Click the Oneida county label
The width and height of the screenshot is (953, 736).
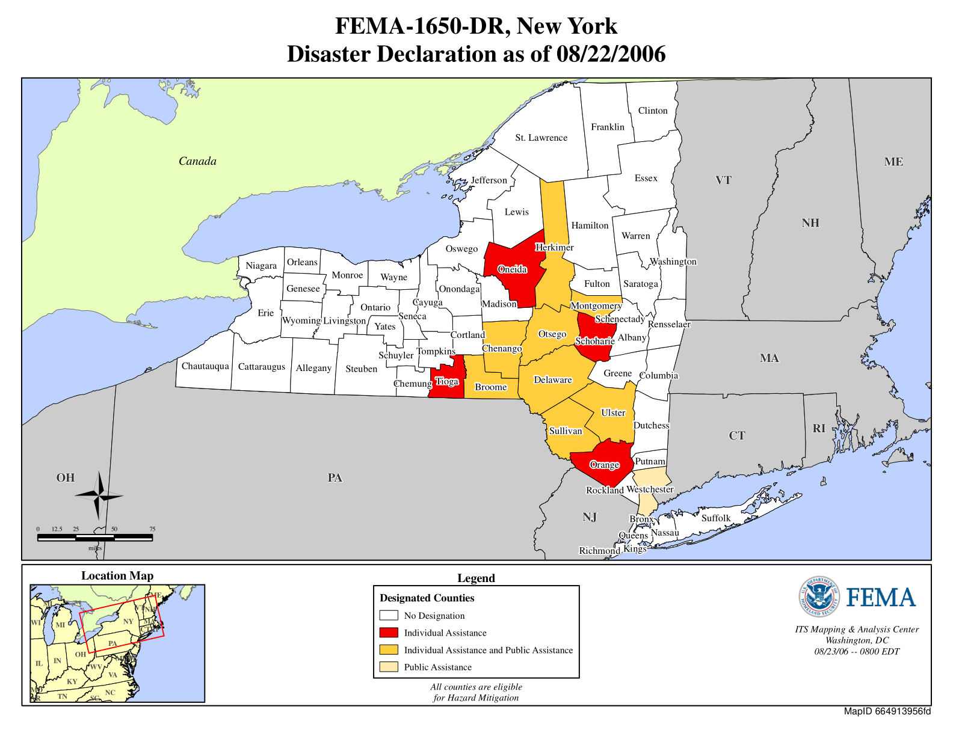[512, 269]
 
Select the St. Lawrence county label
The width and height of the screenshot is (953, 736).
[541, 138]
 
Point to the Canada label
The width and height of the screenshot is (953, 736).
[197, 161]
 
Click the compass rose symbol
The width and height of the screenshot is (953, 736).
[99, 496]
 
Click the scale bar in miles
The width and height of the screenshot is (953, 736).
[94, 538]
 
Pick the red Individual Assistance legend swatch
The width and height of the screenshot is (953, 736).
[389, 633]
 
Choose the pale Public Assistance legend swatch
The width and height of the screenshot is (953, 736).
[389, 667]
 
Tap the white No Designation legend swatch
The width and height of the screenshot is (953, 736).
[389, 615]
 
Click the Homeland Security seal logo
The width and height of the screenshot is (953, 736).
[819, 596]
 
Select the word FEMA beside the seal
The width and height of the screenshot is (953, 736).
[881, 598]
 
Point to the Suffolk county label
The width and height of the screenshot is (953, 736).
[716, 518]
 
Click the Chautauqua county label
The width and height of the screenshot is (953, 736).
[205, 366]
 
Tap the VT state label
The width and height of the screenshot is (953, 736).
[723, 180]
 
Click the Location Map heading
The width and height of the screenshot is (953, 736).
[117, 575]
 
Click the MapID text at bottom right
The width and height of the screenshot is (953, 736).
[887, 711]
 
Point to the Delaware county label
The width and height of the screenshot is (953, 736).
[552, 379]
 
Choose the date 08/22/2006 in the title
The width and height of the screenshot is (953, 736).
[611, 54]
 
